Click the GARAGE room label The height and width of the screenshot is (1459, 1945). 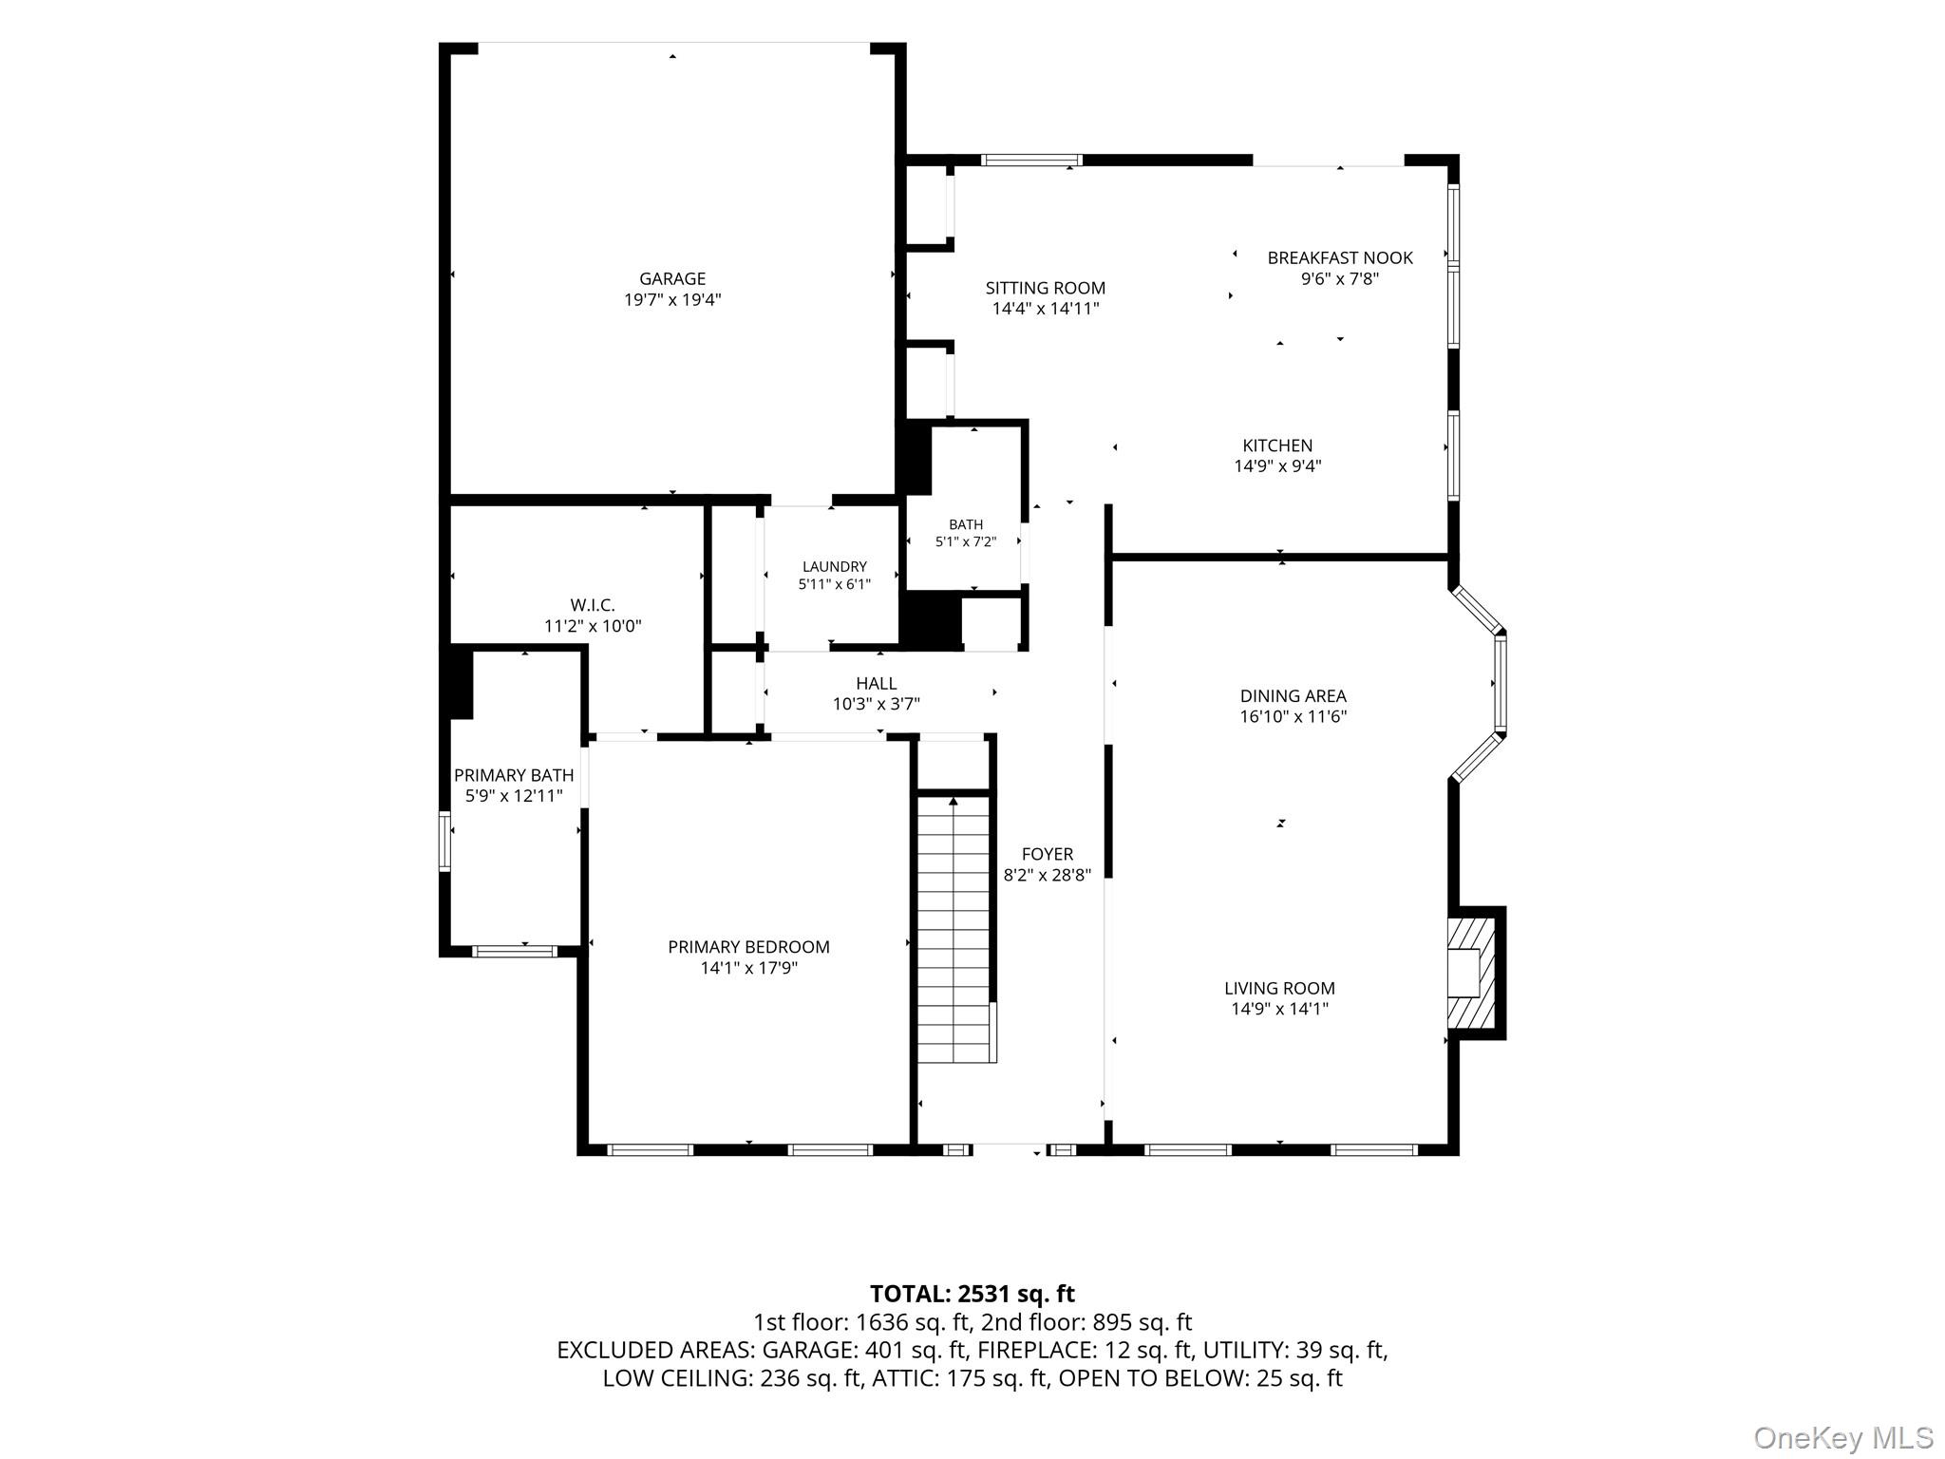[672, 278]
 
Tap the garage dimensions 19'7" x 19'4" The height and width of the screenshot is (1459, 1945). [672, 300]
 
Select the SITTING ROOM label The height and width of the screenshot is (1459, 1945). [1046, 288]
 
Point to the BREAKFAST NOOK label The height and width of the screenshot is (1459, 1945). [1340, 257]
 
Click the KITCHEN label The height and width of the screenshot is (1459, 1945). [1277, 445]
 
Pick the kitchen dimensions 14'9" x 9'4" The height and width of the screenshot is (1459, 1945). [1277, 466]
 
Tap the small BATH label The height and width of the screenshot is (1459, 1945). [966, 524]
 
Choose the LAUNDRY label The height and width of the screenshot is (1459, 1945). [835, 567]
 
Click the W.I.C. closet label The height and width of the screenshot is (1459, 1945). [593, 605]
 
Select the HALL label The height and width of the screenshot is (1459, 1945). [876, 683]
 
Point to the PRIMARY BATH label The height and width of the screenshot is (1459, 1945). [514, 775]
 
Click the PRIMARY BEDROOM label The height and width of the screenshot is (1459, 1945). [748, 947]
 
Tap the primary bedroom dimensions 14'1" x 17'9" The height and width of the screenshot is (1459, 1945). [748, 968]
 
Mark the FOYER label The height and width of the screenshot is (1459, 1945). [1048, 854]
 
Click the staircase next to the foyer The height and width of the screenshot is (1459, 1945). [955, 930]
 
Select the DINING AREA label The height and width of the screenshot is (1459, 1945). [1293, 696]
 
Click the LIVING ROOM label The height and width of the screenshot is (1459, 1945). [1279, 988]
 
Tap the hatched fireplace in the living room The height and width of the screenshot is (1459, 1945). [1471, 973]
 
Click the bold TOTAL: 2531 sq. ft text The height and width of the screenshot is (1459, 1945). [972, 1293]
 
